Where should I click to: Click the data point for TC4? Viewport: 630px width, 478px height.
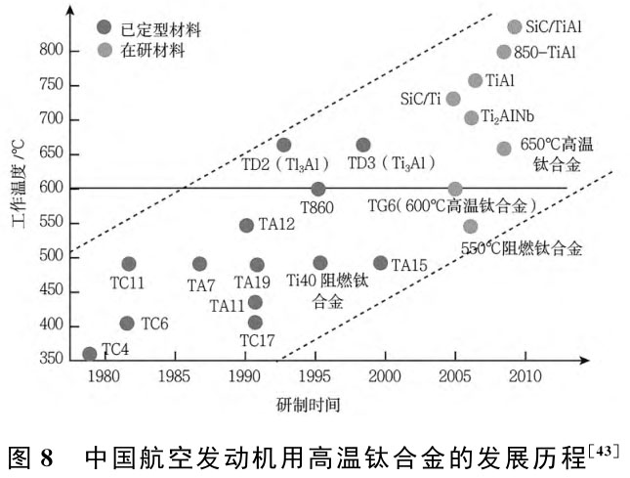click(90, 354)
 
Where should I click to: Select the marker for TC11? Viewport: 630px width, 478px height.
click(129, 264)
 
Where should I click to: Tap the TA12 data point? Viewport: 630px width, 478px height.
click(246, 225)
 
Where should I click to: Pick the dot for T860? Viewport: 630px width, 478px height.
click(318, 189)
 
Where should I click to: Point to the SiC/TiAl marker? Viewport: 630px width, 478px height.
click(515, 26)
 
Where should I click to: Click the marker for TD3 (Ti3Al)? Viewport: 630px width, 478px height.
click(363, 145)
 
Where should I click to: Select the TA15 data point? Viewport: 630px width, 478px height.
click(380, 263)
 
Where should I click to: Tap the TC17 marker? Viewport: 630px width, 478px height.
click(256, 322)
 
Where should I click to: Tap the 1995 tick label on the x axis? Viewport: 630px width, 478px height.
click(315, 374)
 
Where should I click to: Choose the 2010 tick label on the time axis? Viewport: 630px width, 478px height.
click(525, 374)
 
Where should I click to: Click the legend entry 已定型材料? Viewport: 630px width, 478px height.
click(151, 26)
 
